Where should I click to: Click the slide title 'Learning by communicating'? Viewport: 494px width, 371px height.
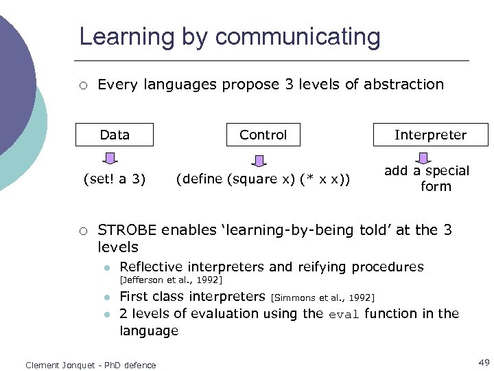pyautogui.click(x=230, y=36)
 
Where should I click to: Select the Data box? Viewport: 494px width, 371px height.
pyautogui.click(x=115, y=135)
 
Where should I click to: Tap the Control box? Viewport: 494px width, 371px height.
pyautogui.click(x=263, y=135)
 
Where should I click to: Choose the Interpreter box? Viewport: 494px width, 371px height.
pyautogui.click(x=430, y=135)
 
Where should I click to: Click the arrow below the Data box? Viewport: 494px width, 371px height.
pyautogui.click(x=110, y=159)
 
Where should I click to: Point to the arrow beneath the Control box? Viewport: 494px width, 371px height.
pyautogui.click(x=259, y=161)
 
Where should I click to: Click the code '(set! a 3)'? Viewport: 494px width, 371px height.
pyautogui.click(x=114, y=179)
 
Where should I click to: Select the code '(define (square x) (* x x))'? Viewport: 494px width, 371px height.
pyautogui.click(x=263, y=179)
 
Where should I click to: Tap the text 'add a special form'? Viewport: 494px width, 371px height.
pyautogui.click(x=428, y=179)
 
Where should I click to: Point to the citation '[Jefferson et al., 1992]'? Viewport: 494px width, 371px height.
pyautogui.click(x=171, y=280)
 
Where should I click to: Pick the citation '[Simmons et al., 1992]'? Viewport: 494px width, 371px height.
pyautogui.click(x=323, y=297)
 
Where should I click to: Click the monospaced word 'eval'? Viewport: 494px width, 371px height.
pyautogui.click(x=344, y=315)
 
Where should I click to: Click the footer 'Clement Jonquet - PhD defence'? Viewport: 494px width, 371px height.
pyautogui.click(x=91, y=365)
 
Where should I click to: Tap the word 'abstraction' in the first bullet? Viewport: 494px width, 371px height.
pyautogui.click(x=403, y=85)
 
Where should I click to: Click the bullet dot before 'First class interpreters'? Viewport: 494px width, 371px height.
pyautogui.click(x=107, y=297)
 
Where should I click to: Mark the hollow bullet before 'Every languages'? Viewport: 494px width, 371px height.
pyautogui.click(x=82, y=85)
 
